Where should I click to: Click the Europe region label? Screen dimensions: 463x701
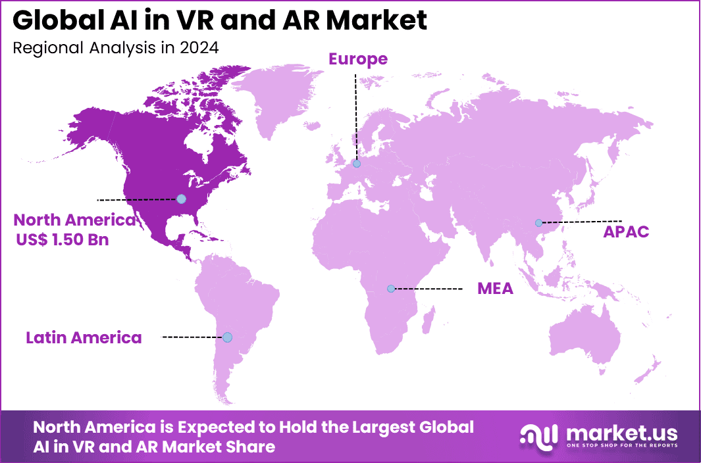[x=357, y=59]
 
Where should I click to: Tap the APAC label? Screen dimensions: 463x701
[x=626, y=231]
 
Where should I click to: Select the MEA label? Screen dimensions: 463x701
[x=495, y=289]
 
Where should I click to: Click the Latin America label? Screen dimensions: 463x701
[x=84, y=338]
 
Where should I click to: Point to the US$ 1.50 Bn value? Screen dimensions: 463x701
[x=63, y=240]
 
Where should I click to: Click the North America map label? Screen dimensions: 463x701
[x=74, y=220]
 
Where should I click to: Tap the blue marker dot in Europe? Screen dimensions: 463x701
[x=356, y=164]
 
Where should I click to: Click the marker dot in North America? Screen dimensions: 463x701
[x=181, y=199]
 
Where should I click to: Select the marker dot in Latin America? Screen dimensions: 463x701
[x=227, y=337]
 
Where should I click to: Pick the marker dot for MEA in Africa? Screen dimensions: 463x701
[x=390, y=289]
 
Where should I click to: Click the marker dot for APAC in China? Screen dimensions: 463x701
[x=538, y=223]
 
